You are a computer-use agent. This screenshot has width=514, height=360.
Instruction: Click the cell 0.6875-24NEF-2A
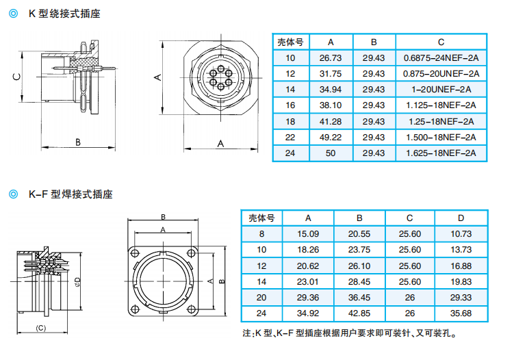pyautogui.click(x=441, y=58)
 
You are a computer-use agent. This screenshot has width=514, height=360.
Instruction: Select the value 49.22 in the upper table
pyautogui.click(x=331, y=138)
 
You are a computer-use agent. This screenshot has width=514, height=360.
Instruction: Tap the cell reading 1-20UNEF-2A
pyautogui.click(x=441, y=90)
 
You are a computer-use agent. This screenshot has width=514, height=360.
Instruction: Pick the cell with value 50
pyautogui.click(x=331, y=153)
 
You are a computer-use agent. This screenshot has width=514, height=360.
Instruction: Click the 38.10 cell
pyautogui.click(x=331, y=105)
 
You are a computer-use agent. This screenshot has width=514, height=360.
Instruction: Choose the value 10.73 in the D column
pyautogui.click(x=461, y=234)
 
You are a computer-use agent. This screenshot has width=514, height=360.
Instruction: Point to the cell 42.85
pyautogui.click(x=359, y=313)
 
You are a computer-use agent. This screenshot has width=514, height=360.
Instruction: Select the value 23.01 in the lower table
pyautogui.click(x=308, y=282)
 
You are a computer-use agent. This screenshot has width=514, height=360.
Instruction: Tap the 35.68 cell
pyautogui.click(x=461, y=313)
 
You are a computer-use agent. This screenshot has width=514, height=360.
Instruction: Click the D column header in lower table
pyautogui.click(x=461, y=218)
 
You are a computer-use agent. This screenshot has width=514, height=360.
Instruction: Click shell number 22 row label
pyautogui.click(x=290, y=138)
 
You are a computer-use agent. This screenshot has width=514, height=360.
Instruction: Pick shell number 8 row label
pyautogui.click(x=261, y=234)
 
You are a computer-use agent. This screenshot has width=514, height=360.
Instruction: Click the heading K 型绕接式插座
pyautogui.click(x=64, y=14)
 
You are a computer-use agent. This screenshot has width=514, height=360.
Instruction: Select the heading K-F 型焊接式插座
pyautogui.click(x=70, y=194)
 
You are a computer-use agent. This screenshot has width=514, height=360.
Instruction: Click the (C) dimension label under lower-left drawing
pyautogui.click(x=40, y=328)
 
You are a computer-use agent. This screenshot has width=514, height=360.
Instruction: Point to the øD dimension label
pyautogui.click(x=77, y=281)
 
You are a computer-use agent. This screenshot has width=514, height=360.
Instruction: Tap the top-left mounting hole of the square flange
pyautogui.click(x=135, y=253)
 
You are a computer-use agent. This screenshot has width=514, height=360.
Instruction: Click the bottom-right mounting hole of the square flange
pyautogui.click(x=192, y=309)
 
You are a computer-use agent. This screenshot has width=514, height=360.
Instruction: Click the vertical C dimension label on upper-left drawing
pyautogui.click(x=16, y=77)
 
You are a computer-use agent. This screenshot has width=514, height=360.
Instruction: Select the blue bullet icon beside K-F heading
pyautogui.click(x=14, y=194)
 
